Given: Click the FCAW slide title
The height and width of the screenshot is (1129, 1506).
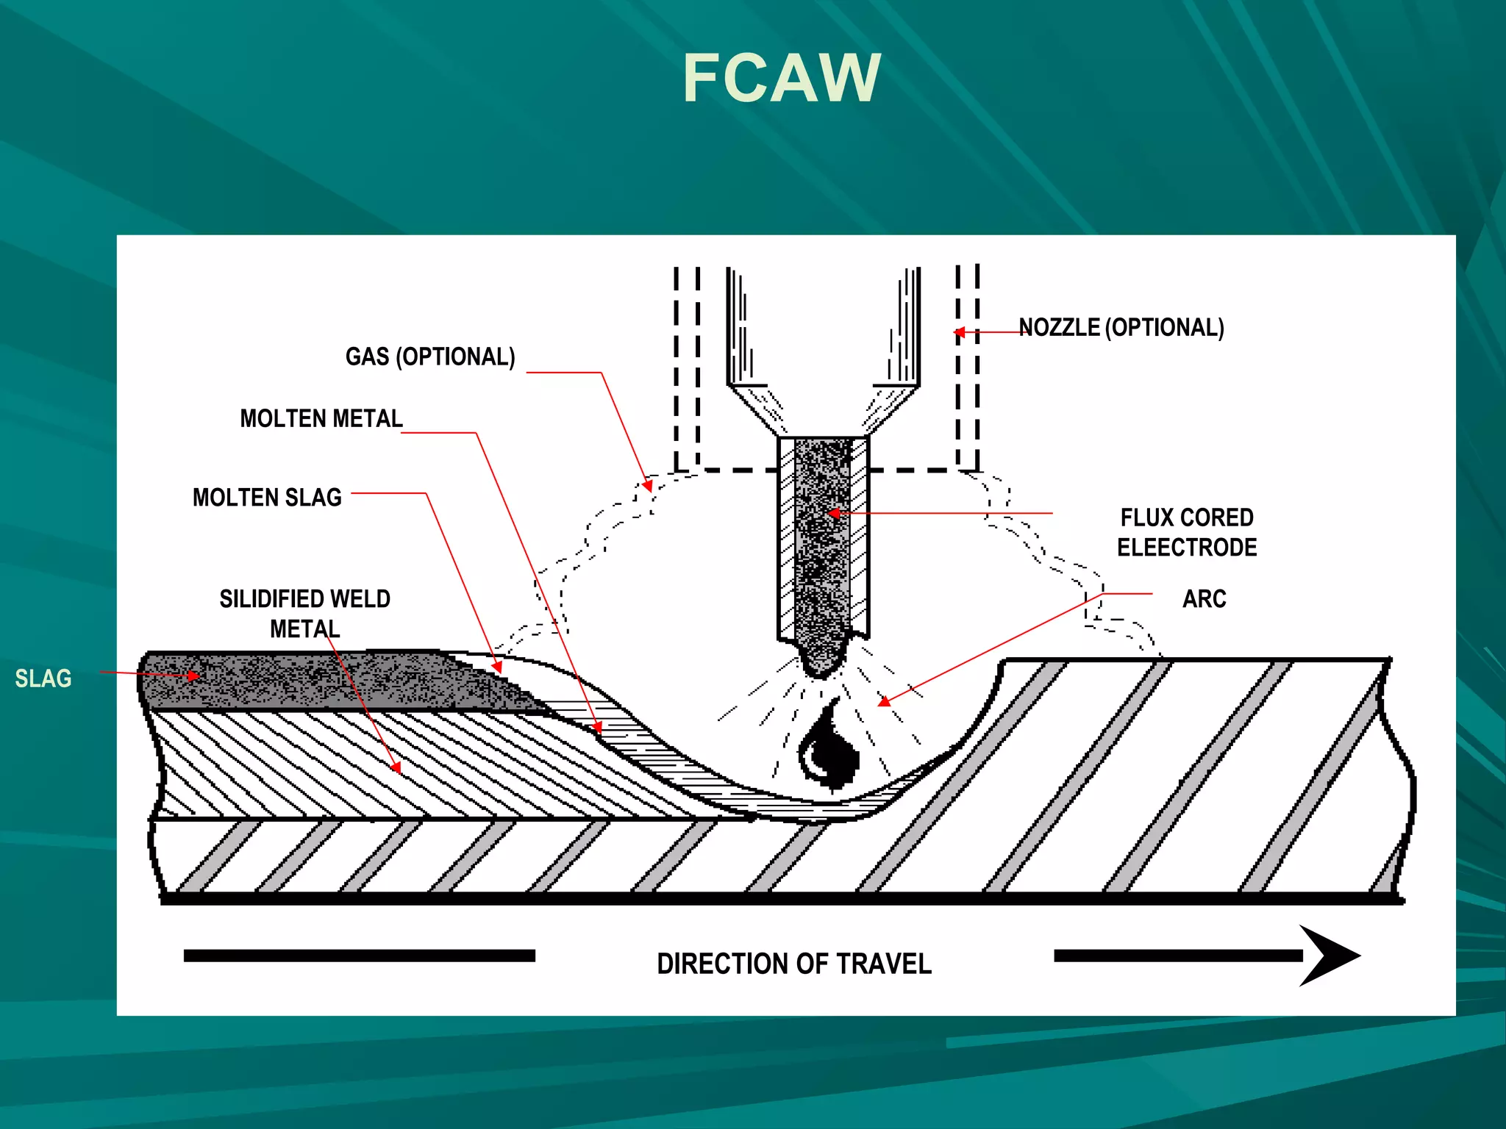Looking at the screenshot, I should (782, 79).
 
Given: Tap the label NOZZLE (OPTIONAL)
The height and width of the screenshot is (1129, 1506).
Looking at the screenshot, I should (1121, 328).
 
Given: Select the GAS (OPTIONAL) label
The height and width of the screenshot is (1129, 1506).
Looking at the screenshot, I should (430, 357).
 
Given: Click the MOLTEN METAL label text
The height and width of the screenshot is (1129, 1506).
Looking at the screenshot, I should (321, 419).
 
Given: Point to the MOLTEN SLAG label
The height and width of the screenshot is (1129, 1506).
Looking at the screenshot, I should (267, 498).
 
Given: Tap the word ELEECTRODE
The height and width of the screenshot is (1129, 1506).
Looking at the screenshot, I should (1186, 548).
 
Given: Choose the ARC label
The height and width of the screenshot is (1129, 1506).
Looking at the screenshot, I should (1204, 599).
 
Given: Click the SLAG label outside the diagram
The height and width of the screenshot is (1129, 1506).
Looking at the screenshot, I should (43, 678).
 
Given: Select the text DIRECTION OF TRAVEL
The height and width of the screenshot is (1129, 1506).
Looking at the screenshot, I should (793, 964).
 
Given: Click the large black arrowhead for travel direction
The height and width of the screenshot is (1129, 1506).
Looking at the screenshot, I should (1327, 956).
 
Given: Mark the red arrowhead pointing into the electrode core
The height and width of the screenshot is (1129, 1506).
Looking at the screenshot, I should (834, 513).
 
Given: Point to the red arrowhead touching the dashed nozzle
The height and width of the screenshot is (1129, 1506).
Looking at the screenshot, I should (960, 332).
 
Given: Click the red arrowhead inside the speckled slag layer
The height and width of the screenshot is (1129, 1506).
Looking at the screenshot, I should (193, 675).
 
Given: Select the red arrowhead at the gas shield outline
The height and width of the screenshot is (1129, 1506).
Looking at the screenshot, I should (648, 485).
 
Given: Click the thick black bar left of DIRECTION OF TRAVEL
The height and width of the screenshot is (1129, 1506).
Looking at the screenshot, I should (359, 956).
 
